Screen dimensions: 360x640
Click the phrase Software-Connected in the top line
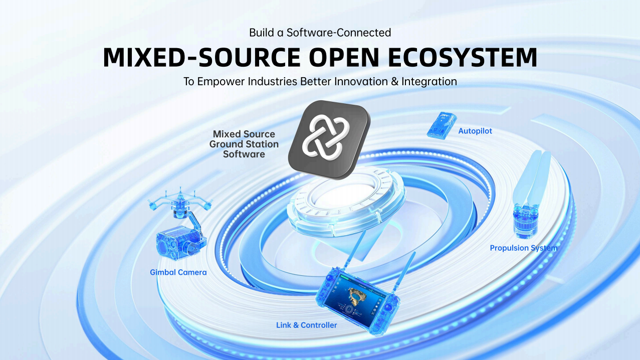click(339, 33)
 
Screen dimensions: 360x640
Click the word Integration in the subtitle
click(429, 81)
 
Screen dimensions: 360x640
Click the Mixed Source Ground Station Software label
click(244, 144)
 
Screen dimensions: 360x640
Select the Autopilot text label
click(475, 131)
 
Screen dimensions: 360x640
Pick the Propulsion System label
click(523, 248)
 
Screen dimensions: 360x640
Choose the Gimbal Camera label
click(178, 272)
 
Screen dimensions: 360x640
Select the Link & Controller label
click(306, 325)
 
